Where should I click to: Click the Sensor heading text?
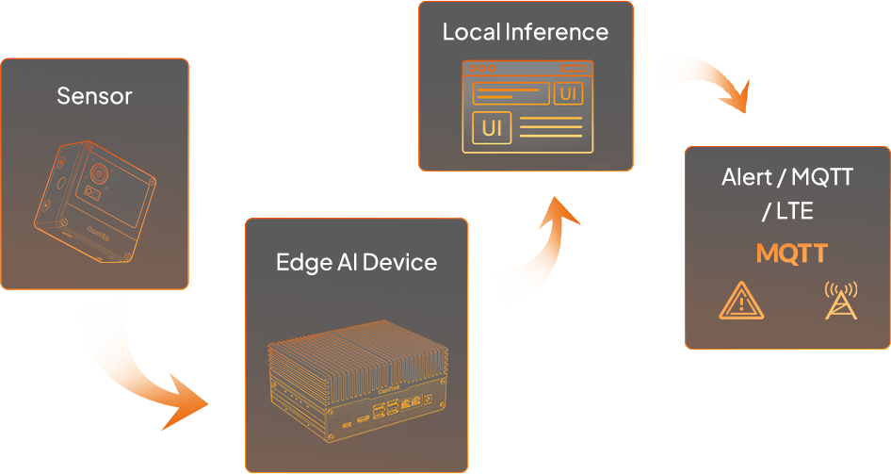(94, 95)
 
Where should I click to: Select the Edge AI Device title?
(356, 261)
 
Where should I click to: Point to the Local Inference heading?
(525, 32)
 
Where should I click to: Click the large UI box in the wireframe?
(492, 127)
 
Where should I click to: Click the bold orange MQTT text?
(791, 253)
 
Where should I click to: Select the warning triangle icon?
(740, 302)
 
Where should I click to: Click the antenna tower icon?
(840, 301)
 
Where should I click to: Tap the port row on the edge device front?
(391, 416)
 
